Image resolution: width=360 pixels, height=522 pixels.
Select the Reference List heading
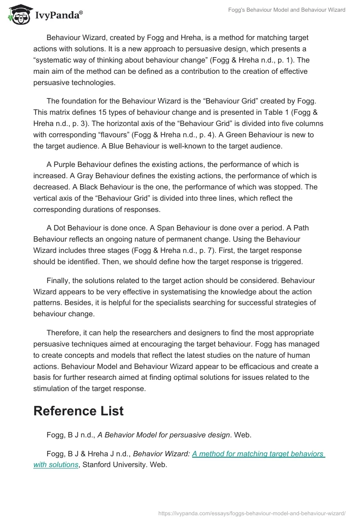click(78, 410)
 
